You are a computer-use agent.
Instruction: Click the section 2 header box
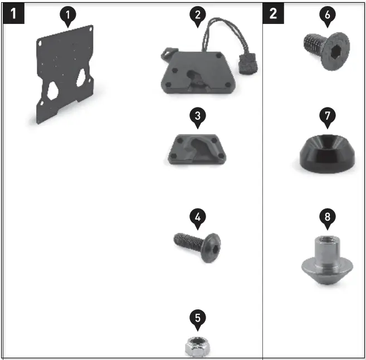[x=272, y=13]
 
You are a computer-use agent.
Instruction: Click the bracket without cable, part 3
[x=197, y=149]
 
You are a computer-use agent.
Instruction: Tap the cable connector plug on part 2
[x=245, y=66]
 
